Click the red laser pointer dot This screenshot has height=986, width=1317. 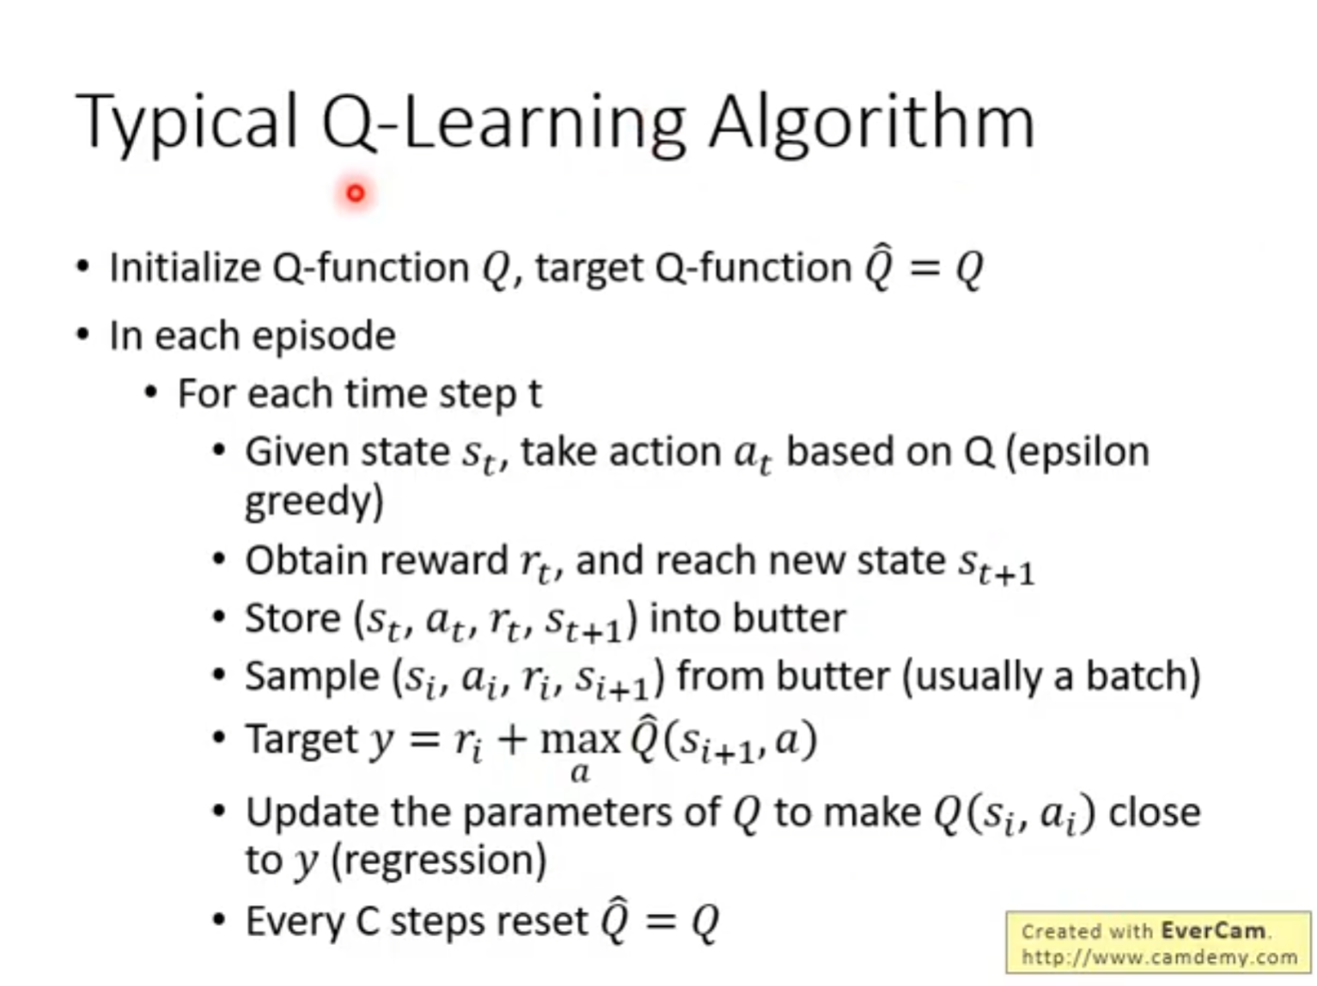(356, 194)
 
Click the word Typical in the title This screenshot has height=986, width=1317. (186, 122)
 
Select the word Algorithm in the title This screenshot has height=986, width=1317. (872, 124)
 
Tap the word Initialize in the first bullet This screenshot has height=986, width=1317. (185, 267)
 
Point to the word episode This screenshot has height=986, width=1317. (324, 337)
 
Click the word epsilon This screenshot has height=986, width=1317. (1077, 453)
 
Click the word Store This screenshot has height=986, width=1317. (293, 618)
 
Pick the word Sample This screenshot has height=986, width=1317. (312, 677)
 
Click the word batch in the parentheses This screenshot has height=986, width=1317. (1143, 676)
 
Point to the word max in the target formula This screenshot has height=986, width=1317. (580, 740)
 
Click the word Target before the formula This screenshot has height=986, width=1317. (302, 740)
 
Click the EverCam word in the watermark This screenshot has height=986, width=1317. (1214, 931)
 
